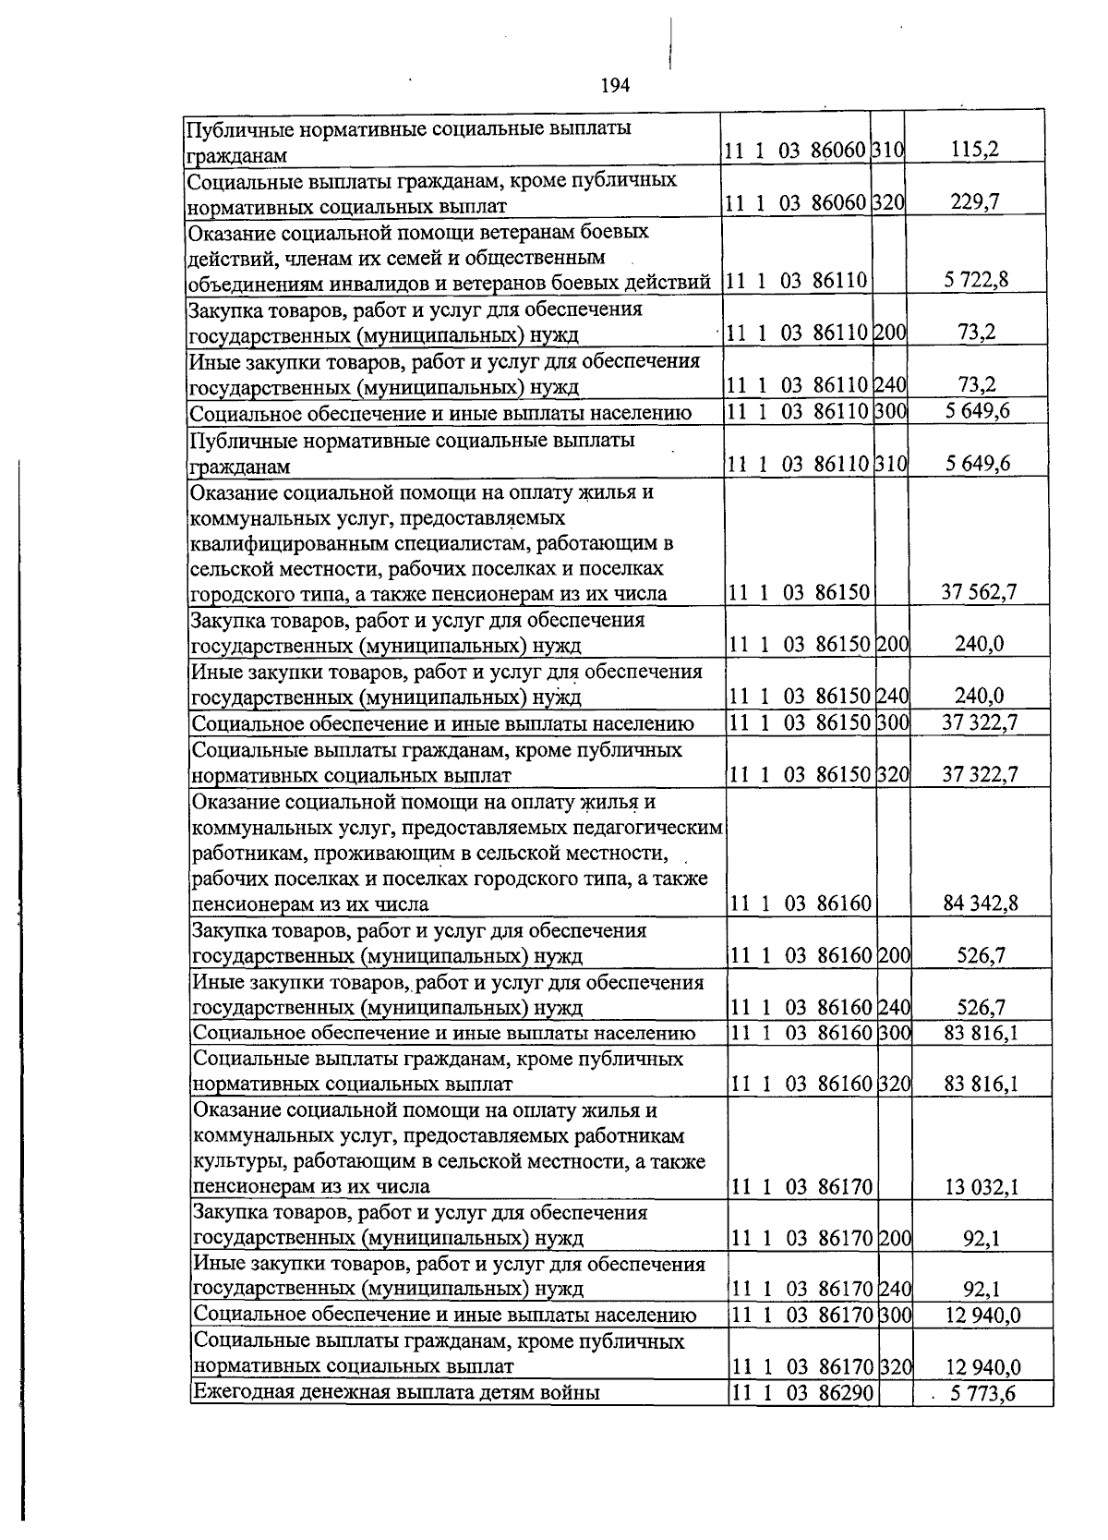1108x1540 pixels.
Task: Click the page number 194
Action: coord(614,86)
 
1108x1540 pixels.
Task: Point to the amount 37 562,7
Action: coord(978,591)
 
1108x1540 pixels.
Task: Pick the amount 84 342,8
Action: coord(980,903)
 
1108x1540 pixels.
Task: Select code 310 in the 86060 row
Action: coord(888,150)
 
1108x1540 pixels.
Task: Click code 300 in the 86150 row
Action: coord(892,722)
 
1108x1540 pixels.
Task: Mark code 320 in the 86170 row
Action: coord(895,1366)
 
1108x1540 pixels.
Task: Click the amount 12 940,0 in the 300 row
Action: coord(982,1315)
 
